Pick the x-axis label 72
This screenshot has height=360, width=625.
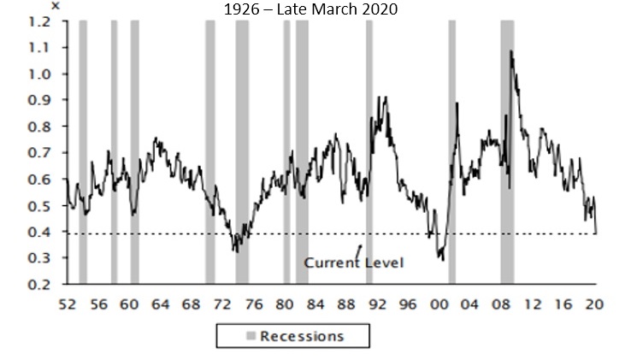pyautogui.click(x=221, y=304)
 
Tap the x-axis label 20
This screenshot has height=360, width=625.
pyautogui.click(x=594, y=304)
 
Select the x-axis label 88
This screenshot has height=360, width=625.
pyautogui.click(x=345, y=304)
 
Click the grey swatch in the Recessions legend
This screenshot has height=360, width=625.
pyautogui.click(x=227, y=335)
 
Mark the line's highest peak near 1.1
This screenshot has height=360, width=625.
pyautogui.click(x=511, y=51)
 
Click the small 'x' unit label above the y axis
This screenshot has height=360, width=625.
pyautogui.click(x=56, y=6)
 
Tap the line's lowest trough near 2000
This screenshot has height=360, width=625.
pyautogui.click(x=443, y=259)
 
